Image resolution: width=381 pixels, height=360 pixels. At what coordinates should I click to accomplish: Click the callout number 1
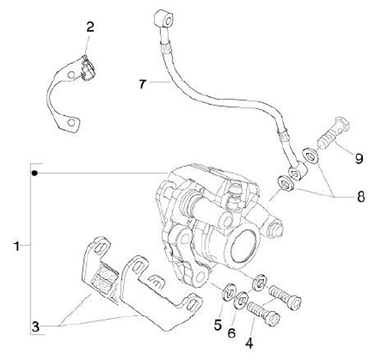[x=17, y=246]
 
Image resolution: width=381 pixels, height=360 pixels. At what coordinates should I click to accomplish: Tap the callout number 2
[x=90, y=27]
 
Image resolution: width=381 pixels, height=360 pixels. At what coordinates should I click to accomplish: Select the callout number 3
[x=35, y=327]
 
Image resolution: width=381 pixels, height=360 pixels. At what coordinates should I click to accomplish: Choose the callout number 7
[x=142, y=84]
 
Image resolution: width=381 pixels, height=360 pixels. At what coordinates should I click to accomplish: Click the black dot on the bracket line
[x=34, y=173]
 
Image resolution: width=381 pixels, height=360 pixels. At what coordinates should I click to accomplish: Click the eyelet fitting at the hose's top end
[x=163, y=20]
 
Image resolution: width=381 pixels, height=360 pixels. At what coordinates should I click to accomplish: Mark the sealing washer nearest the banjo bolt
[x=309, y=155]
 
